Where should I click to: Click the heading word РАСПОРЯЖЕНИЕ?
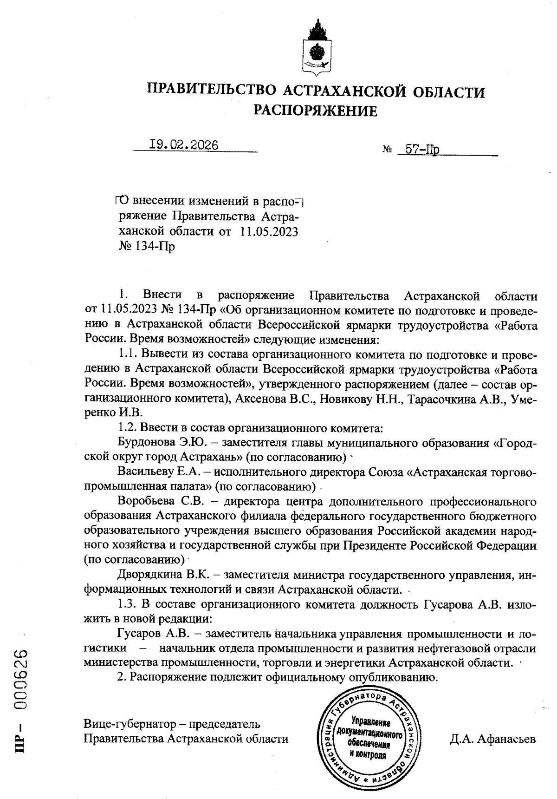(315, 111)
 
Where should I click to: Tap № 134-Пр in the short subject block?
(147, 246)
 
